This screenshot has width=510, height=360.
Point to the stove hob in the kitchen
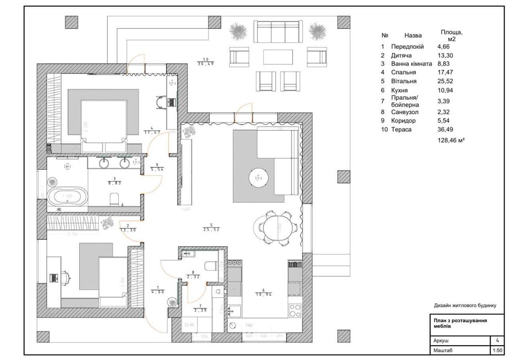pyautogui.click(x=295, y=311)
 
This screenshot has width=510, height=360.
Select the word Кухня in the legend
pyautogui.click(x=400, y=90)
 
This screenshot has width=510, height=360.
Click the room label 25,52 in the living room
pyautogui.click(x=208, y=229)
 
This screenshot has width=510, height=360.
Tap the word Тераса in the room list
pyautogui.click(x=401, y=130)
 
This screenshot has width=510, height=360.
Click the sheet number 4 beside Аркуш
pyautogui.click(x=497, y=340)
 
